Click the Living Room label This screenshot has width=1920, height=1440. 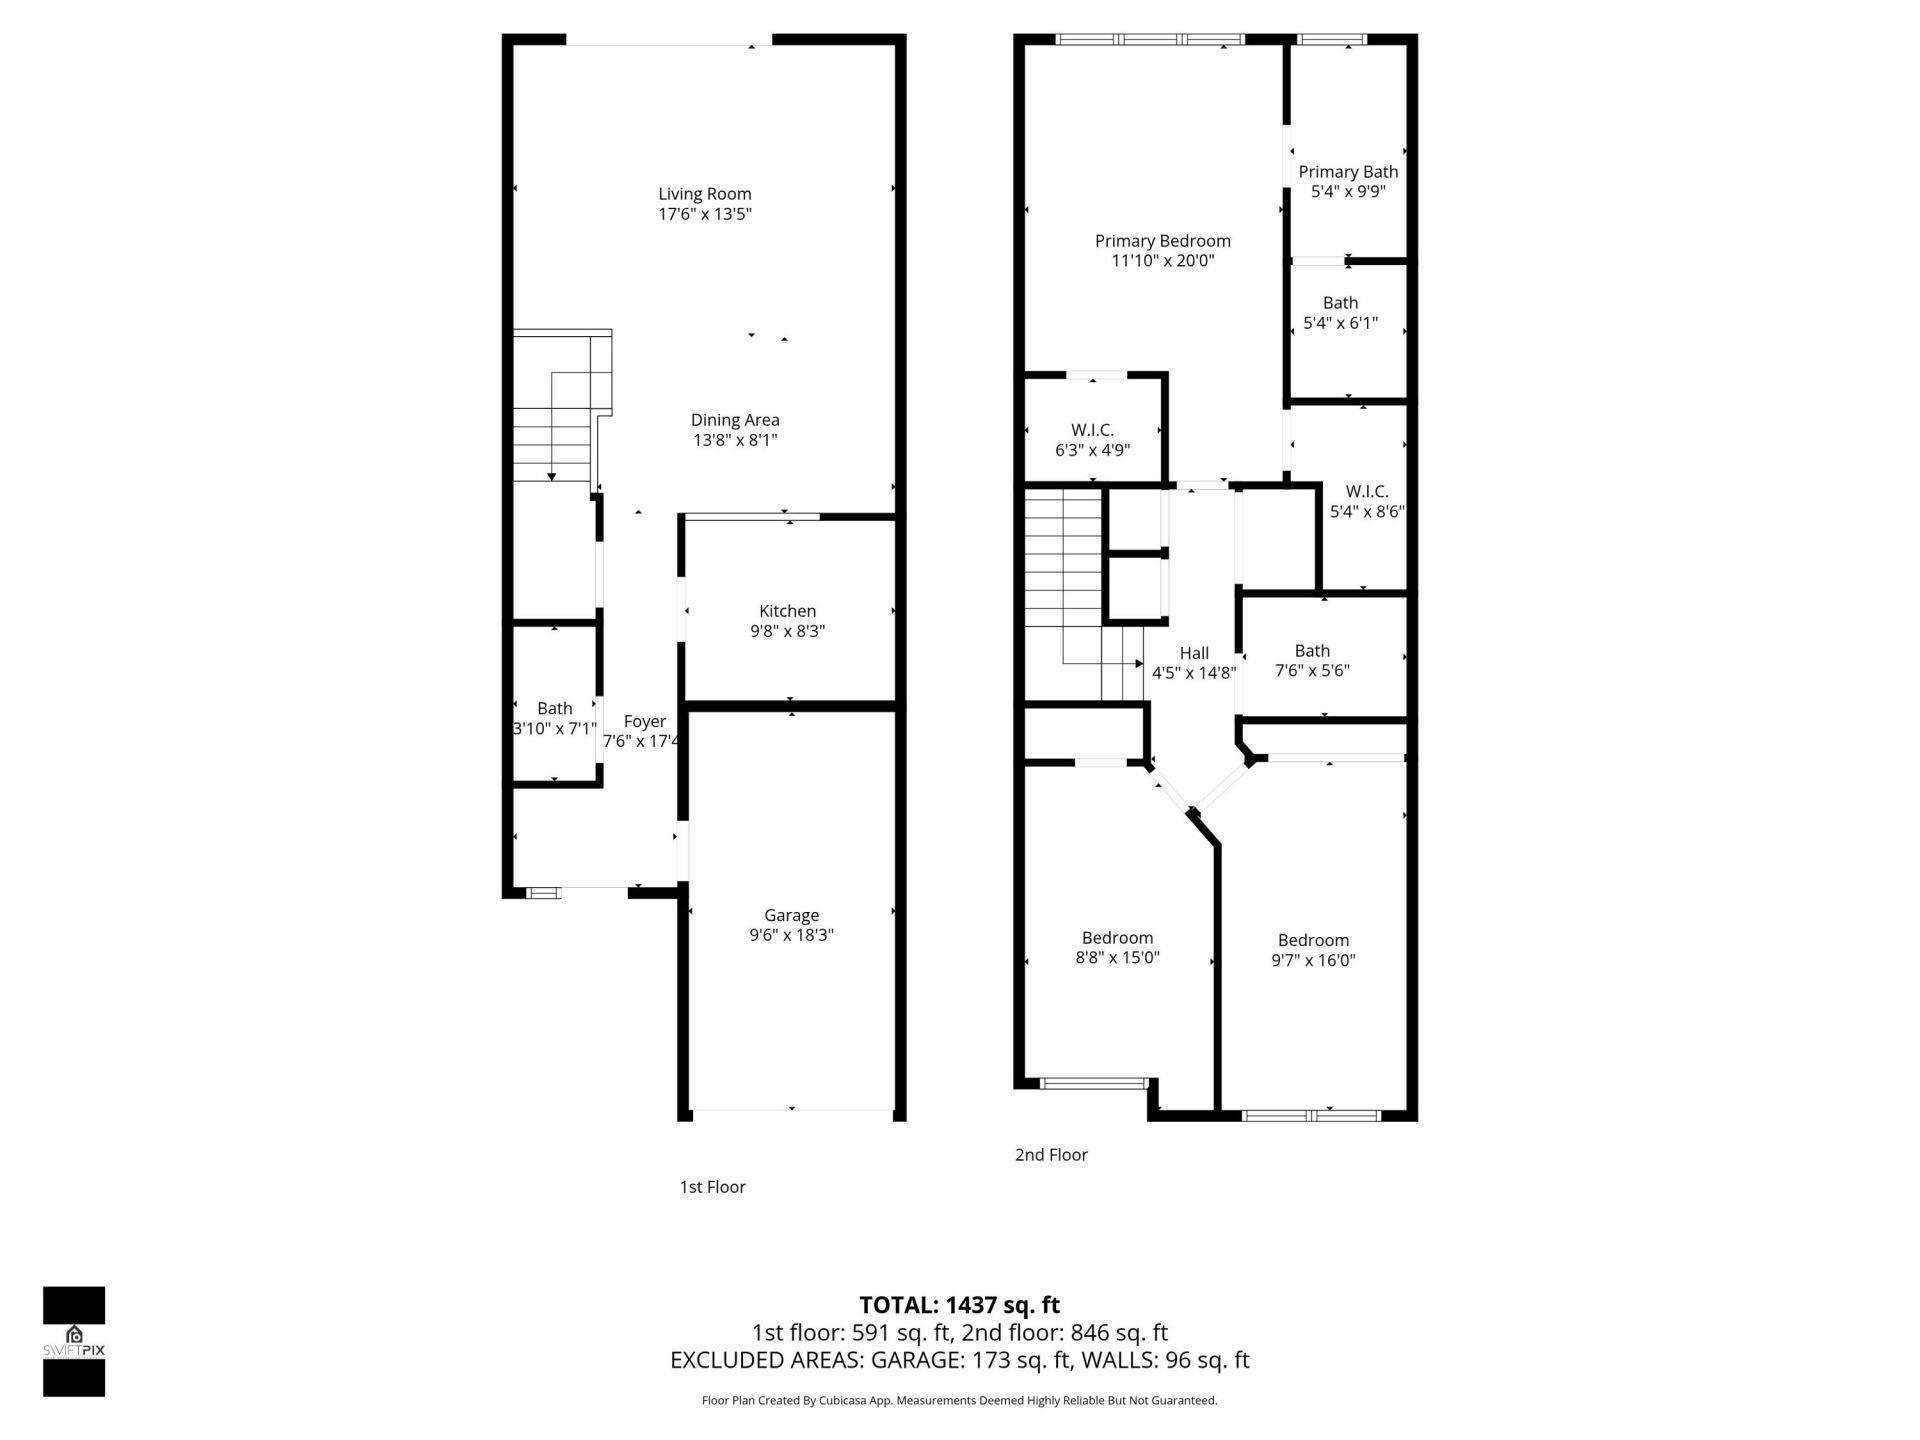click(x=704, y=194)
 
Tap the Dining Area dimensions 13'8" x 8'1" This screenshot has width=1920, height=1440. click(x=735, y=440)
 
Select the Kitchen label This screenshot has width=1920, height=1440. click(x=787, y=611)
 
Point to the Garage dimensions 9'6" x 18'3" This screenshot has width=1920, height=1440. click(x=791, y=935)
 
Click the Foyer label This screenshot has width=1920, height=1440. click(x=644, y=721)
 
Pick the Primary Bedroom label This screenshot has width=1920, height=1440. click(x=1162, y=241)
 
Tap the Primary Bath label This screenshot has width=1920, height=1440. click(x=1348, y=172)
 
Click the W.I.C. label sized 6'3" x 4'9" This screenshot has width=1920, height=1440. click(x=1092, y=430)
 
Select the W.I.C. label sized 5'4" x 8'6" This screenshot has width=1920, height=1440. click(x=1366, y=491)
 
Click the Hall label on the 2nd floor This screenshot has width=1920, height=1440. click(x=1194, y=653)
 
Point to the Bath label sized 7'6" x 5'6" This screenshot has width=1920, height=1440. click(x=1312, y=651)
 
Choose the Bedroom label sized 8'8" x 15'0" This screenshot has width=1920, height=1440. click(x=1117, y=938)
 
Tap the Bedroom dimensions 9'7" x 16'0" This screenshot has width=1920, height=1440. click(x=1313, y=960)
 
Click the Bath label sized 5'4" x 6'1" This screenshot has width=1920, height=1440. click(x=1340, y=303)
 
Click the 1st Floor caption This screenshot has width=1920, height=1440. click(x=712, y=1187)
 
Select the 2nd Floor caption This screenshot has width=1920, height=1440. click(x=1051, y=1155)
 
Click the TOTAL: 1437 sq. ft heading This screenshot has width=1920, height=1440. click(x=959, y=1305)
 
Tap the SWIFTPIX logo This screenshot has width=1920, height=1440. click(x=74, y=1341)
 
